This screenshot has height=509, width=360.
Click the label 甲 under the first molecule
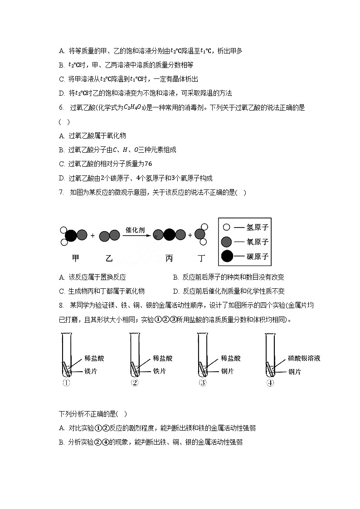click(76, 258)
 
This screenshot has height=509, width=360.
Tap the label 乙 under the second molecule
click(109, 258)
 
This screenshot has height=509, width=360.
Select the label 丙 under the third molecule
click(169, 258)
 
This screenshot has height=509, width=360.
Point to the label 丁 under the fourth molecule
click(201, 258)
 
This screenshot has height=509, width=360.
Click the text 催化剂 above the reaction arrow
click(135, 230)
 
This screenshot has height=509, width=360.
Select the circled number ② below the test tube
click(134, 383)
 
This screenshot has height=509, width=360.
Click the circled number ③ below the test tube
click(203, 383)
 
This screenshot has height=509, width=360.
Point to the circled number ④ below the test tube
click(270, 383)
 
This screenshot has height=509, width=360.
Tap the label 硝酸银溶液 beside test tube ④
click(304, 359)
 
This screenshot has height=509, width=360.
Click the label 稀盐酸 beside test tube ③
click(231, 359)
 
